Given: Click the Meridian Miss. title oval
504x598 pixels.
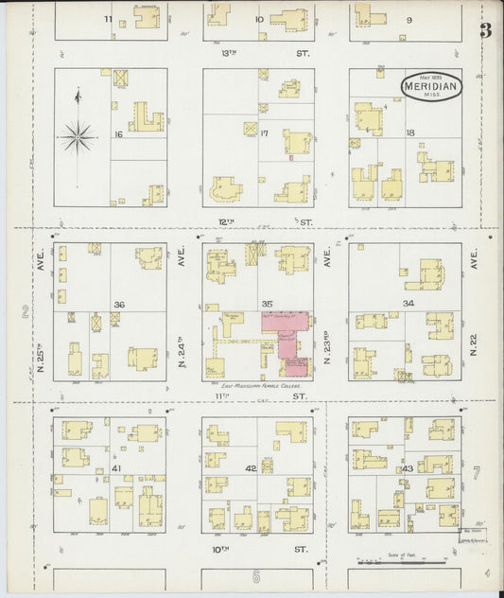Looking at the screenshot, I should pos(430,86).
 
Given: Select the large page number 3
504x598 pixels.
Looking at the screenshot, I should pos(485,29).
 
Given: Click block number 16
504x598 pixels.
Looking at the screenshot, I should pos(118,134).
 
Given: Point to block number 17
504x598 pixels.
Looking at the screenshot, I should pos(266,132).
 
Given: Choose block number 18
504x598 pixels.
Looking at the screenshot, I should pos(409,132).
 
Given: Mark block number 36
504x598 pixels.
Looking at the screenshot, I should pos(119,304).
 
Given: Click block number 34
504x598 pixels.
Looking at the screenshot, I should pos(408,303).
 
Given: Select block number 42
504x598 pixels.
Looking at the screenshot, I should pos(251,468).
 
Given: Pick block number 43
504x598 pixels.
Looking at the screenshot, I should pos(408,469).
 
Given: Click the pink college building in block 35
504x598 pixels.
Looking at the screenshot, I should pos(287,340).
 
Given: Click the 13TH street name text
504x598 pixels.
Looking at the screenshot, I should pos(226,54).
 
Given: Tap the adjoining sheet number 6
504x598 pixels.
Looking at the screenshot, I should pos(255,577).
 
